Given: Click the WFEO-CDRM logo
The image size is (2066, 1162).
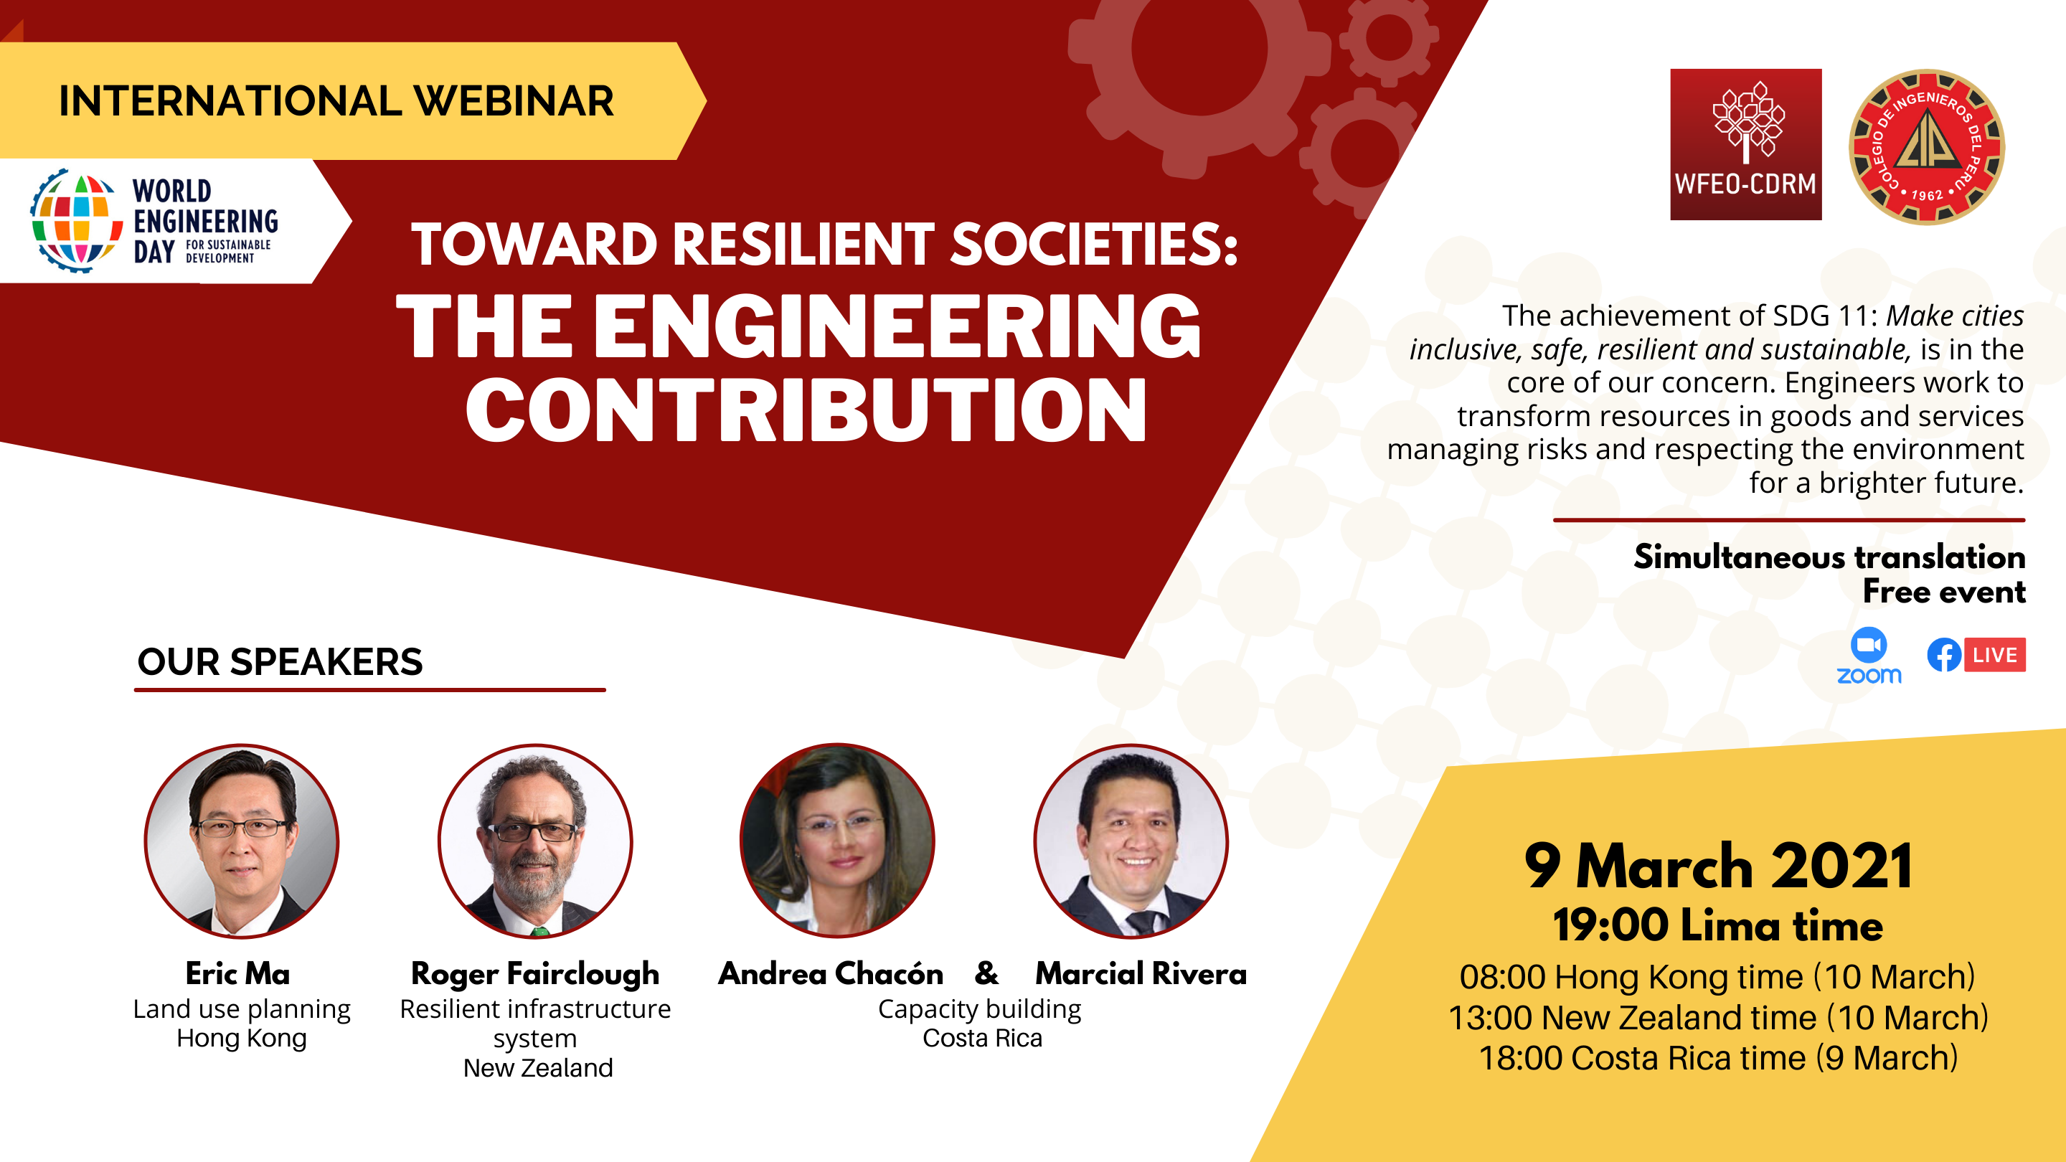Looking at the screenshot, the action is pyautogui.click(x=1745, y=144).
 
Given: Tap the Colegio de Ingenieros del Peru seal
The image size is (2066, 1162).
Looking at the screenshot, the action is pyautogui.click(x=1926, y=147).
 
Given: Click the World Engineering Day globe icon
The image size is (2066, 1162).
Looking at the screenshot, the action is pyautogui.click(x=72, y=220).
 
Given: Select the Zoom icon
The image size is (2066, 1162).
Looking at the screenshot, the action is pyautogui.click(x=1869, y=655).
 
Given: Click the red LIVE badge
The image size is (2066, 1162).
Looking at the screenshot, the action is pyautogui.click(x=1994, y=654).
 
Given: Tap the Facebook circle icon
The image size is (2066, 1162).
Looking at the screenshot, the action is pyautogui.click(x=1944, y=654).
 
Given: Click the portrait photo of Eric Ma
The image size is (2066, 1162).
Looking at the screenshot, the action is pyautogui.click(x=242, y=841).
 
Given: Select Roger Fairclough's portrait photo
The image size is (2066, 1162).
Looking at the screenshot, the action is pyautogui.click(x=535, y=841).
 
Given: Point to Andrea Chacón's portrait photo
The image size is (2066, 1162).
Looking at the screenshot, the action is pyautogui.click(x=837, y=841).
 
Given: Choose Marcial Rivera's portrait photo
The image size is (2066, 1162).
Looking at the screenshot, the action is pyautogui.click(x=1131, y=841).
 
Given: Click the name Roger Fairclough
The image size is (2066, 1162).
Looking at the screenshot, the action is pyautogui.click(x=535, y=974).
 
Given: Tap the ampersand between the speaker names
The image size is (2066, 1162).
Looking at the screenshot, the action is pyautogui.click(x=986, y=973).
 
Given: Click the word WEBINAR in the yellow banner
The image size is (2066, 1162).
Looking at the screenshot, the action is pyautogui.click(x=514, y=101).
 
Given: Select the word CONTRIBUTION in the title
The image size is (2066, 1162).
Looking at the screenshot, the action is pyautogui.click(x=806, y=410).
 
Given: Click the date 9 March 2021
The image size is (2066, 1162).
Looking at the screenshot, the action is pyautogui.click(x=1719, y=867).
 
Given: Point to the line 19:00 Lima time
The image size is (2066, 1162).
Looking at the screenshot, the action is pyautogui.click(x=1718, y=925).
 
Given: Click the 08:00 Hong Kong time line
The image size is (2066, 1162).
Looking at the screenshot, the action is pyautogui.click(x=1717, y=977).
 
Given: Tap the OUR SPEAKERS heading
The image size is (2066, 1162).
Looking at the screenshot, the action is pyautogui.click(x=280, y=662).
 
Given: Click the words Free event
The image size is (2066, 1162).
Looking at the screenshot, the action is pyautogui.click(x=1944, y=592).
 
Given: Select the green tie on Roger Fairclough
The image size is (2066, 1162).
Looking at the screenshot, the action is pyautogui.click(x=539, y=931).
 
